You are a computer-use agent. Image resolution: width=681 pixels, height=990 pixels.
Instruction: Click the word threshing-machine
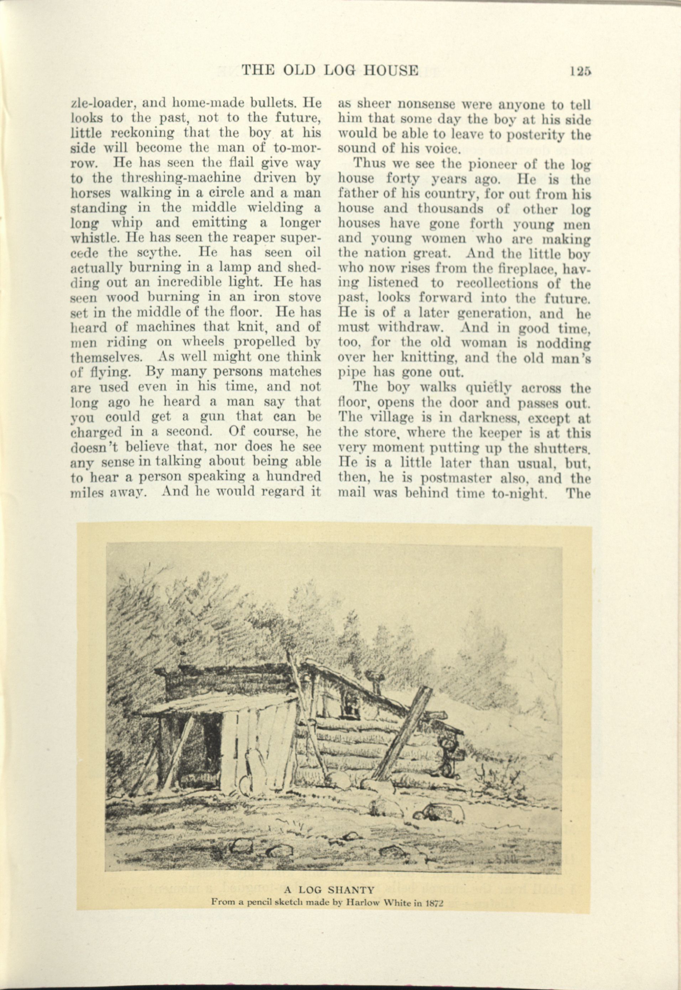(x=181, y=178)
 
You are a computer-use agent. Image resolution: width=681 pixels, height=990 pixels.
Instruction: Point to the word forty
(x=405, y=179)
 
